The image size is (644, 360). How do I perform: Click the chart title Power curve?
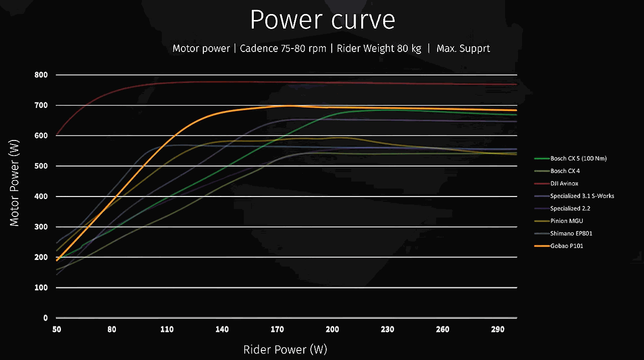coord(322,20)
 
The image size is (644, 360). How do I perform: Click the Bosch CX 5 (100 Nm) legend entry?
coord(579,158)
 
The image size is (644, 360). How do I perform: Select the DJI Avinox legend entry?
coord(564,183)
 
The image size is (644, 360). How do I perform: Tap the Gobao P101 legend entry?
coord(567,246)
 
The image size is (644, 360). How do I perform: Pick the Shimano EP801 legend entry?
coord(571,233)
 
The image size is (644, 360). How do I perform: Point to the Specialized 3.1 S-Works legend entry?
coord(582,196)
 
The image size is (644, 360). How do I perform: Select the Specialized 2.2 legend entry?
coord(570,208)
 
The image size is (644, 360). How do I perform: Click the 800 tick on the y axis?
coord(42,75)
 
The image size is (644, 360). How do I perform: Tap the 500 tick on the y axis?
coord(42,166)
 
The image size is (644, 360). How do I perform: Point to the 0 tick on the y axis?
coord(45,318)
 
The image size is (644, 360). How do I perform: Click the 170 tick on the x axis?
coord(277,329)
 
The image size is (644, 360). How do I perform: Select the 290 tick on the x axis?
coord(498,329)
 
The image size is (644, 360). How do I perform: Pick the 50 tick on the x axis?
coord(57,329)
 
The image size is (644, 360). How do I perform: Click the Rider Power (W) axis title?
coord(285,349)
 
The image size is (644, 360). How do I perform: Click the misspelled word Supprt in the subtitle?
coord(475,48)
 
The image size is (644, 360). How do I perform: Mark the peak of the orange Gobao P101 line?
coord(289,105)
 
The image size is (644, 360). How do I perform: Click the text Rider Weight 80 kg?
coord(379,48)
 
